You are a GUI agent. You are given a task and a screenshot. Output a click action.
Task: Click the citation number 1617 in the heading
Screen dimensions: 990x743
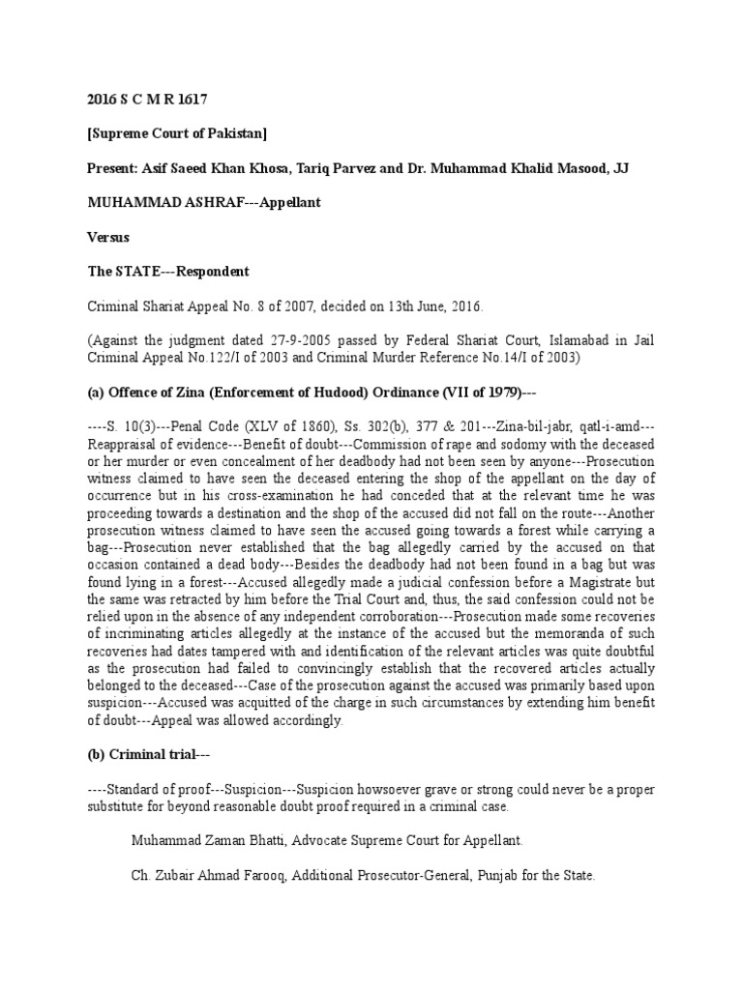(x=192, y=99)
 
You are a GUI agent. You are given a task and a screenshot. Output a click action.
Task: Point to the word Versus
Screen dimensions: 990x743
(x=108, y=237)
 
